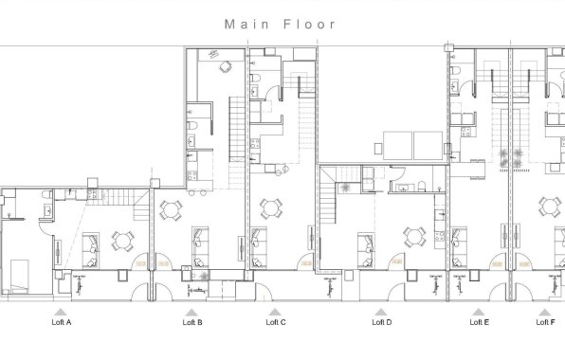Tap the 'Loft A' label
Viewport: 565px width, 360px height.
tap(62, 322)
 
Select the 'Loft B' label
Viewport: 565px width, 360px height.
tap(191, 322)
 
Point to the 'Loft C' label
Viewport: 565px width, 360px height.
tap(276, 322)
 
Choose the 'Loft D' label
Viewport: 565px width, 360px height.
tap(381, 322)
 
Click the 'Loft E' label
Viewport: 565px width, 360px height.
tap(479, 322)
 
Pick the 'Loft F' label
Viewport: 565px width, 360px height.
tap(545, 322)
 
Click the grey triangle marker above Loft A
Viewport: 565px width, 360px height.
tap(62, 311)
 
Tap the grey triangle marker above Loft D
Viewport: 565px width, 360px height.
tap(381, 311)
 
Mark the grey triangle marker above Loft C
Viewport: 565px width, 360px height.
tap(276, 311)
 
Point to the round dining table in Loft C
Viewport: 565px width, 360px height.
tap(271, 208)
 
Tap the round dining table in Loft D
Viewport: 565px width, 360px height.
tap(412, 236)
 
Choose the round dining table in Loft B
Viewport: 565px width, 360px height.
tap(172, 208)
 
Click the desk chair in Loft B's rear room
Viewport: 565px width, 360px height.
tap(226, 67)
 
